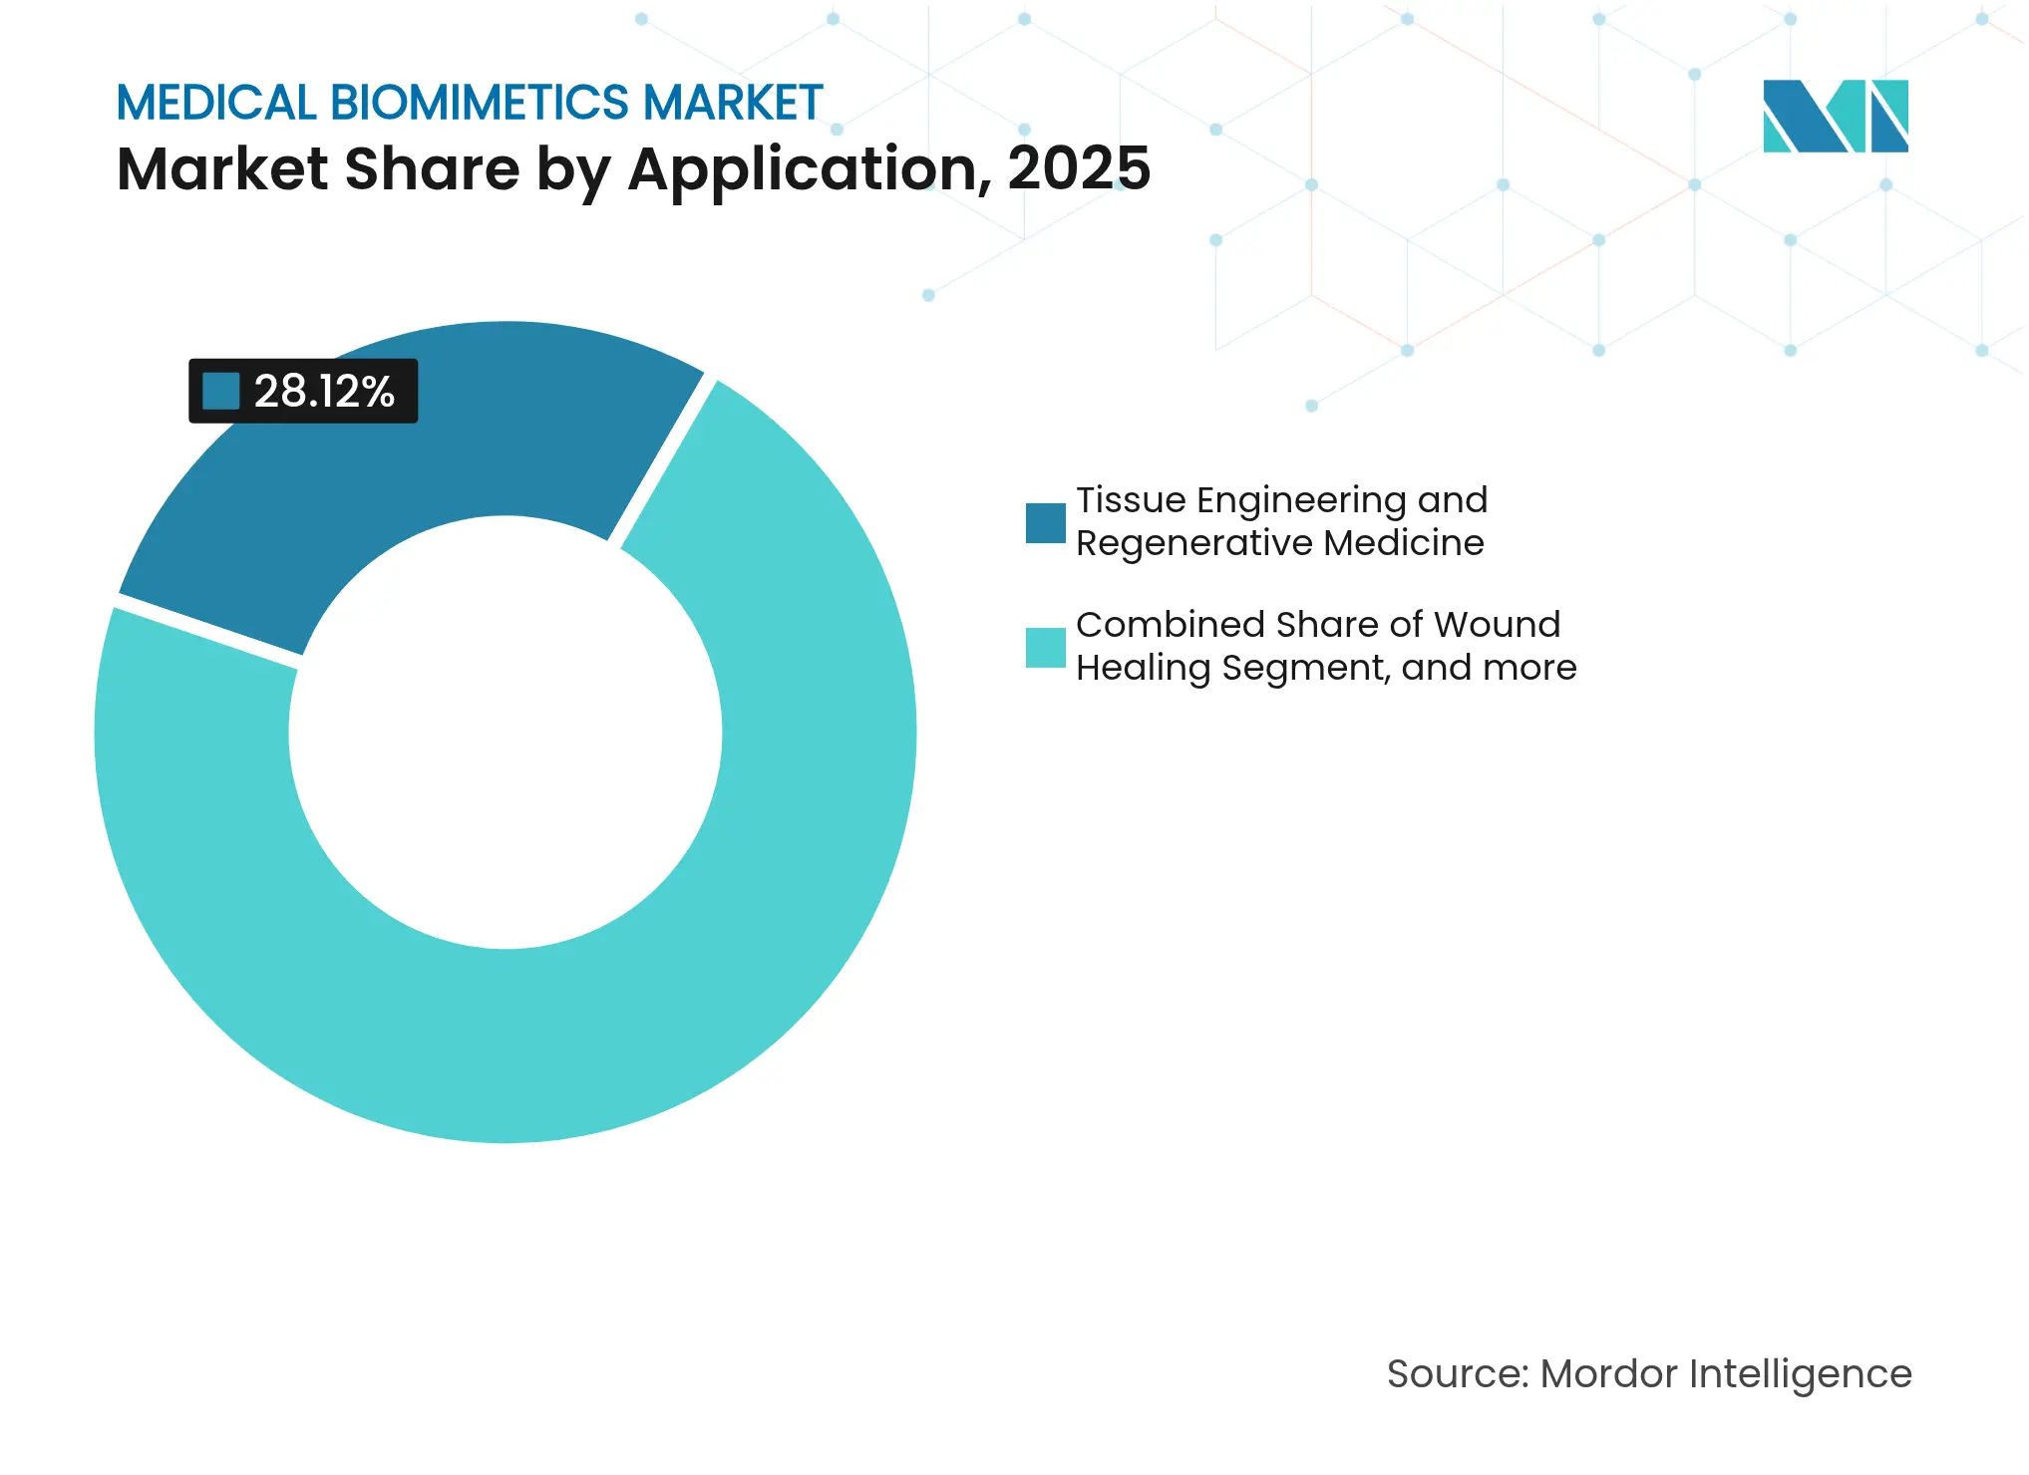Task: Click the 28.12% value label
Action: coord(324,392)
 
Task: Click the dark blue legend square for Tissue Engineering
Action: coord(1045,523)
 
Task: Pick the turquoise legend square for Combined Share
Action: coord(1045,648)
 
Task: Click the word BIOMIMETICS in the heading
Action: coord(480,103)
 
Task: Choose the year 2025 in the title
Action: coord(1079,168)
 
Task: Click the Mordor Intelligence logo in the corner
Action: coord(1835,117)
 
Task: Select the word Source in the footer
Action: coord(1457,1374)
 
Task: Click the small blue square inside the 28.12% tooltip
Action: coord(221,392)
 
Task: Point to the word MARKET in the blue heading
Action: coord(733,103)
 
